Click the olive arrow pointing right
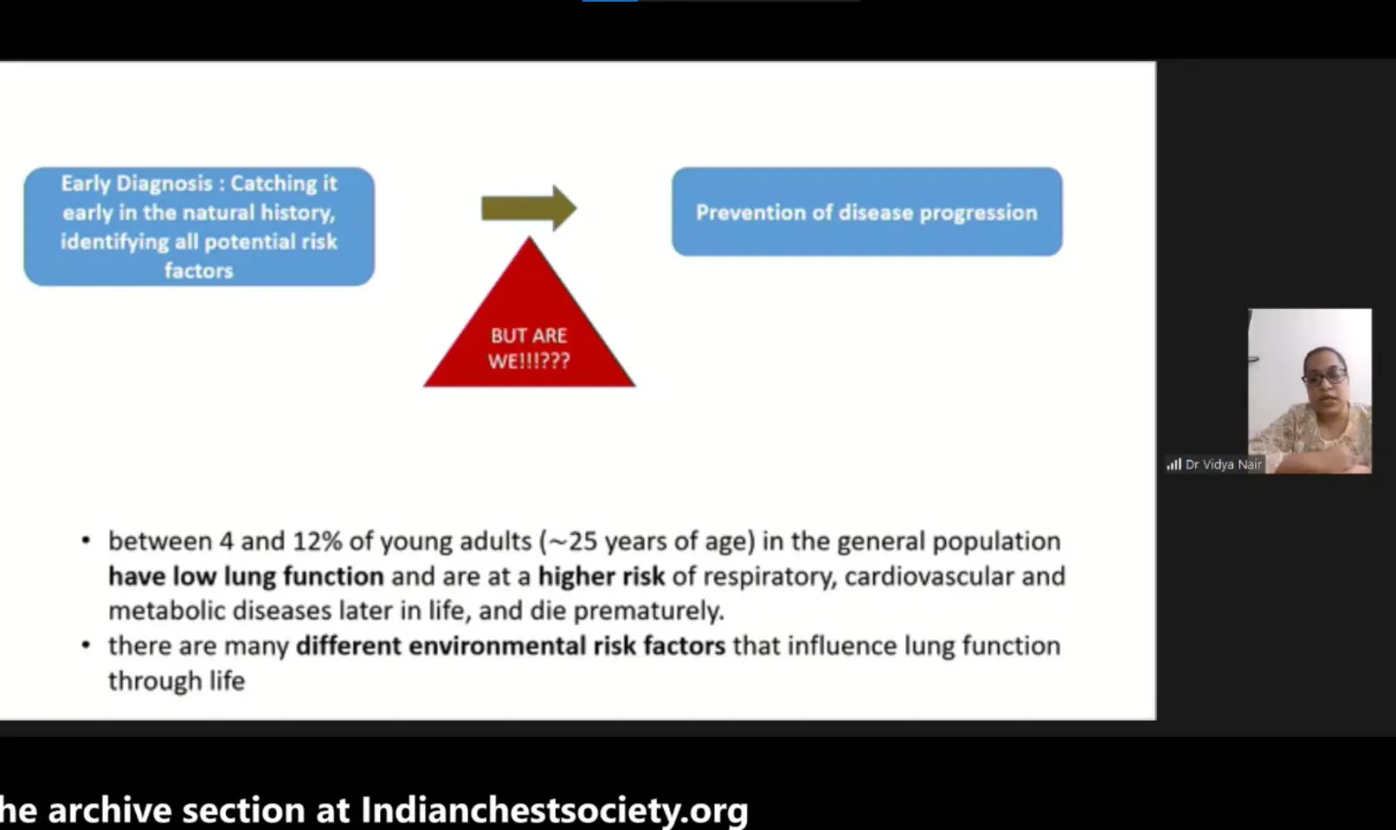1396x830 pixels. click(529, 209)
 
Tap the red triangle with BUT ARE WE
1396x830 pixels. click(529, 325)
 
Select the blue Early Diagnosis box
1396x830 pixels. click(200, 226)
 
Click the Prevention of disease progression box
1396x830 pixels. click(867, 211)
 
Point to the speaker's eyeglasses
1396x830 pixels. click(1324, 377)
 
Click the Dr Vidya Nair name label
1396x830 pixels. click(1222, 464)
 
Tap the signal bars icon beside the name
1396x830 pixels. click(1174, 464)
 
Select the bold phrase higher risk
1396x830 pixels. click(601, 576)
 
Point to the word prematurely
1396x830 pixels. click(649, 611)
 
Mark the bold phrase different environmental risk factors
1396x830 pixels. click(511, 646)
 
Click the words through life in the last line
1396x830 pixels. click(176, 681)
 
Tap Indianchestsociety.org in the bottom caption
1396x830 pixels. click(555, 809)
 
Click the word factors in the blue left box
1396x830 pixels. click(199, 271)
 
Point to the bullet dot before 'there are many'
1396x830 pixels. click(86, 646)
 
